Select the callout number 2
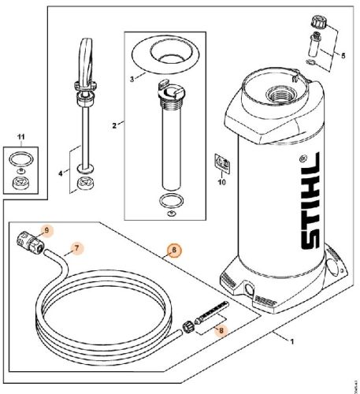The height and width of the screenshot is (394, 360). tap(115, 125)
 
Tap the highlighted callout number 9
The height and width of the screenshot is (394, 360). tap(46, 230)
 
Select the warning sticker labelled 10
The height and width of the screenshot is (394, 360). tap(223, 162)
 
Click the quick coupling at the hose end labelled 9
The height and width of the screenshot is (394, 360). tap(32, 241)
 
